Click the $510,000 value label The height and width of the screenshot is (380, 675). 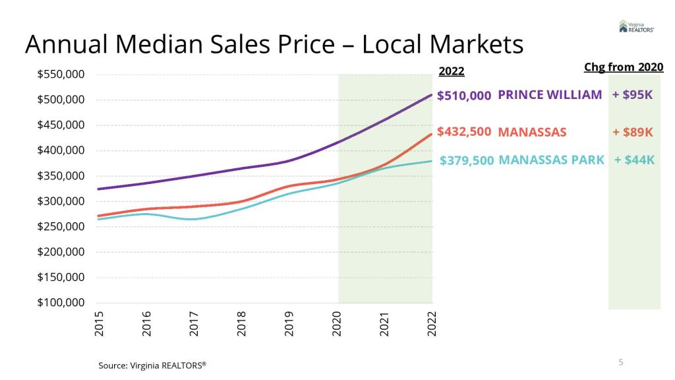tap(464, 96)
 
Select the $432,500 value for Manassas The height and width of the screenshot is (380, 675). tap(464, 131)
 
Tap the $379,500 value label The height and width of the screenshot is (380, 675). tap(467, 160)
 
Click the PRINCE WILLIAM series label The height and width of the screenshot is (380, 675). tap(550, 94)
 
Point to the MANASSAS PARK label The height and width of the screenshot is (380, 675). tap(551, 160)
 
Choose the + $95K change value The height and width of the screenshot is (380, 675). tap(633, 95)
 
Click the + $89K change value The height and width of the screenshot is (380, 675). tap(633, 132)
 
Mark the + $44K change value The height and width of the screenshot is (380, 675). tap(634, 160)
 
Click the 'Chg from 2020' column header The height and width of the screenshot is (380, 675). tap(624, 67)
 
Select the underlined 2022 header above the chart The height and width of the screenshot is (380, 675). tap(452, 71)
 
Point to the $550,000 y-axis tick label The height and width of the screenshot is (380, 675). tap(61, 75)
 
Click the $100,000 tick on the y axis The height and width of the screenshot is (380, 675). tap(61, 303)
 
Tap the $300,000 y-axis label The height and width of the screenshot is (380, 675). tap(61, 201)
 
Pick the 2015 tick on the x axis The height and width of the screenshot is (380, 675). tap(100, 323)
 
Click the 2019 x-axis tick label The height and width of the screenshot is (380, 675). tap(289, 323)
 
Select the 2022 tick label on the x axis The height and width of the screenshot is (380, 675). tap(432, 323)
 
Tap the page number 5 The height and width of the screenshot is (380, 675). tap(621, 362)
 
